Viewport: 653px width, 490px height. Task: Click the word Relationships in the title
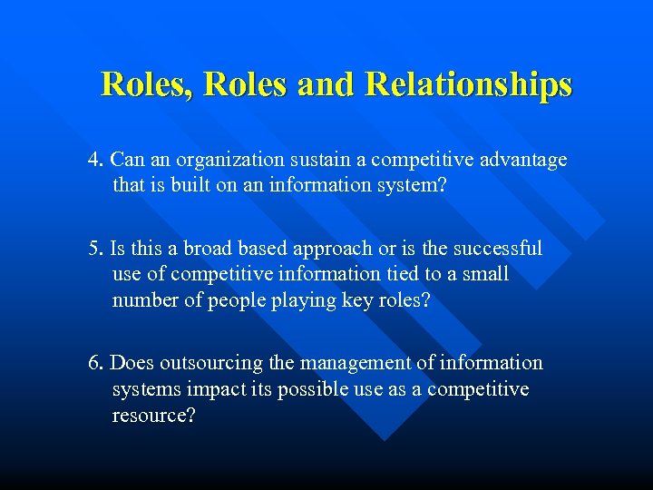coord(468,84)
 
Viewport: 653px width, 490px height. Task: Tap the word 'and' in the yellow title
coord(329,84)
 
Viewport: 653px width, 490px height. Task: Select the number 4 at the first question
coord(93,161)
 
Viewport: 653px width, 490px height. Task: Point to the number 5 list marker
coord(93,249)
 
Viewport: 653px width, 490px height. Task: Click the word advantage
coord(526,161)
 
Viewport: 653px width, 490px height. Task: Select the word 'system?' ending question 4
coord(417,185)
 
